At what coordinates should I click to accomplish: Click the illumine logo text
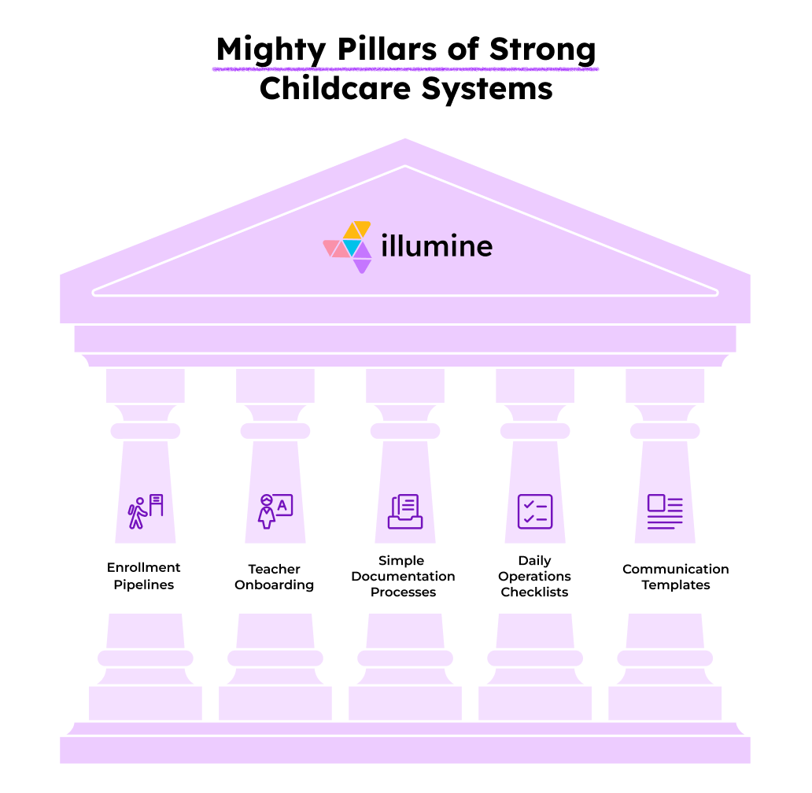pyautogui.click(x=437, y=247)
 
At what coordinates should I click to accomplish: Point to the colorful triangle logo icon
pyautogui.click(x=348, y=246)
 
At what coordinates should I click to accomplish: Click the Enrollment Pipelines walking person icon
pyautogui.click(x=146, y=511)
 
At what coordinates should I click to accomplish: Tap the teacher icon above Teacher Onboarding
pyautogui.click(x=275, y=511)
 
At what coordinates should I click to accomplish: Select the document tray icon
pyautogui.click(x=405, y=511)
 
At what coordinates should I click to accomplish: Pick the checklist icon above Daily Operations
pyautogui.click(x=535, y=511)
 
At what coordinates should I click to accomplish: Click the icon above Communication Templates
pyautogui.click(x=665, y=511)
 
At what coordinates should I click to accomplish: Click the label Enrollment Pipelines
pyautogui.click(x=144, y=576)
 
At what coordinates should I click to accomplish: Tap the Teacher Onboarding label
pyautogui.click(x=275, y=577)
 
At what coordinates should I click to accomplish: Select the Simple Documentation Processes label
pyautogui.click(x=403, y=576)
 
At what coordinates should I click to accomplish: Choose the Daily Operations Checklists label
pyautogui.click(x=534, y=576)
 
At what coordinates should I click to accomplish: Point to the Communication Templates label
pyautogui.click(x=676, y=577)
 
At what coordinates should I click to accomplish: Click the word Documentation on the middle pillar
pyautogui.click(x=403, y=576)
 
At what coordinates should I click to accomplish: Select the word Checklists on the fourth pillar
pyautogui.click(x=534, y=592)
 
